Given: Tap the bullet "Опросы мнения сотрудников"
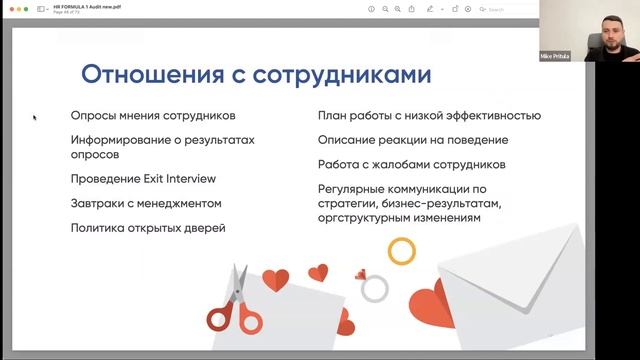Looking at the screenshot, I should pos(153,115).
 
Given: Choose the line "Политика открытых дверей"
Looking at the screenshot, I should pos(148,228).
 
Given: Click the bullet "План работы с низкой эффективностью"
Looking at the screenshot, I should pos(429,115).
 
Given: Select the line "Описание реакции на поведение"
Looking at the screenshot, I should pos(412,140).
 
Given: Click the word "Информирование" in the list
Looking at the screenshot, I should pos(120,140).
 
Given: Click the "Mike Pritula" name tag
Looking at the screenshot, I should pos(553,56).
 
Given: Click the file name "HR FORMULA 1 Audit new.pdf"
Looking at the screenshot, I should pos(88,6).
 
